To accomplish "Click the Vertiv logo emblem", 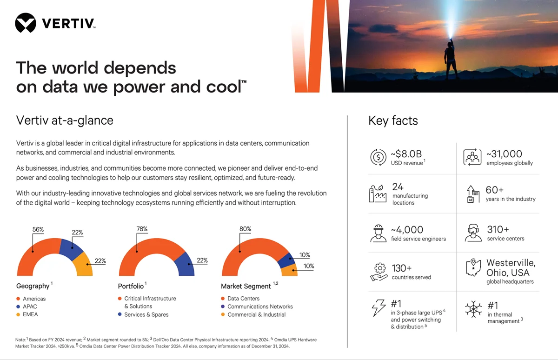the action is pyautogui.click(x=26, y=23).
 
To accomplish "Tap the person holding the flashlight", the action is pyautogui.click(x=451, y=59).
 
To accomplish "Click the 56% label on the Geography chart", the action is pyautogui.click(x=38, y=229).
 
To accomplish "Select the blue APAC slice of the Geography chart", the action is pyautogui.click(x=71, y=249).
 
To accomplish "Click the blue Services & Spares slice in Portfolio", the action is pyautogui.click(x=185, y=265).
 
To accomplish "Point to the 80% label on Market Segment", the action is pyautogui.click(x=246, y=229).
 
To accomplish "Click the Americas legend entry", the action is pyautogui.click(x=31, y=299).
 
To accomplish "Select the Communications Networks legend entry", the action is pyautogui.click(x=257, y=307).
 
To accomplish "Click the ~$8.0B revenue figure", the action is pyautogui.click(x=406, y=154).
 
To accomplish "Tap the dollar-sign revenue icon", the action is pyautogui.click(x=378, y=157).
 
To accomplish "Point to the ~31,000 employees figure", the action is pyautogui.click(x=504, y=154).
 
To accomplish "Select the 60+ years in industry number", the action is pyautogui.click(x=495, y=190).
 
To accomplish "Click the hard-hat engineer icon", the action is pyautogui.click(x=378, y=233).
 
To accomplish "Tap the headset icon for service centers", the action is pyautogui.click(x=473, y=233).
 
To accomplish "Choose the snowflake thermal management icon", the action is pyautogui.click(x=473, y=309).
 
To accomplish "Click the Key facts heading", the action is pyautogui.click(x=393, y=121).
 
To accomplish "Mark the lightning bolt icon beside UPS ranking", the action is pyautogui.click(x=379, y=308).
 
